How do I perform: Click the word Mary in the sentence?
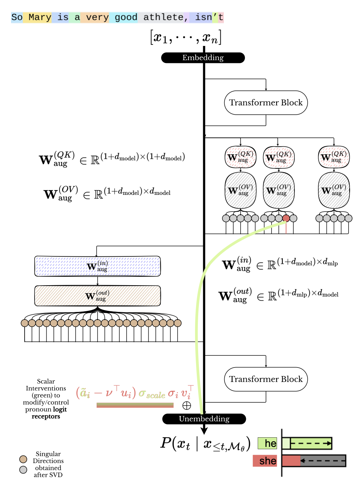pos(40,17)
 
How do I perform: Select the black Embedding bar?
pos(203,58)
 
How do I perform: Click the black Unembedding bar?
pos(204,419)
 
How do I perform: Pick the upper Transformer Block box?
pos(266,103)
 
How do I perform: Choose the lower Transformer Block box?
pos(266,379)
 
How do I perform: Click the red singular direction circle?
pos(286,218)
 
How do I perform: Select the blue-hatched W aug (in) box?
pos(97,266)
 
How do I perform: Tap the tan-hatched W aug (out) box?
pos(97,296)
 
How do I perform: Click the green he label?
pos(267,443)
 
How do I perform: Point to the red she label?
pos(265,461)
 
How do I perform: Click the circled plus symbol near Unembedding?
pos(186,406)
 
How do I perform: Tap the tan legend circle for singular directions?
pos(23,459)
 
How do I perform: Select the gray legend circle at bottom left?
pos(23,470)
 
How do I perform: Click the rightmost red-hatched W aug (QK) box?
pos(334,157)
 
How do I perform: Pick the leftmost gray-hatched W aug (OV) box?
pos(241,190)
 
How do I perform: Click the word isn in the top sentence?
pos(203,17)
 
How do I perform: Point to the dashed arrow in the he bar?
pos(311,443)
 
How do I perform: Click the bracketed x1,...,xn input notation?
pos(186,37)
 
